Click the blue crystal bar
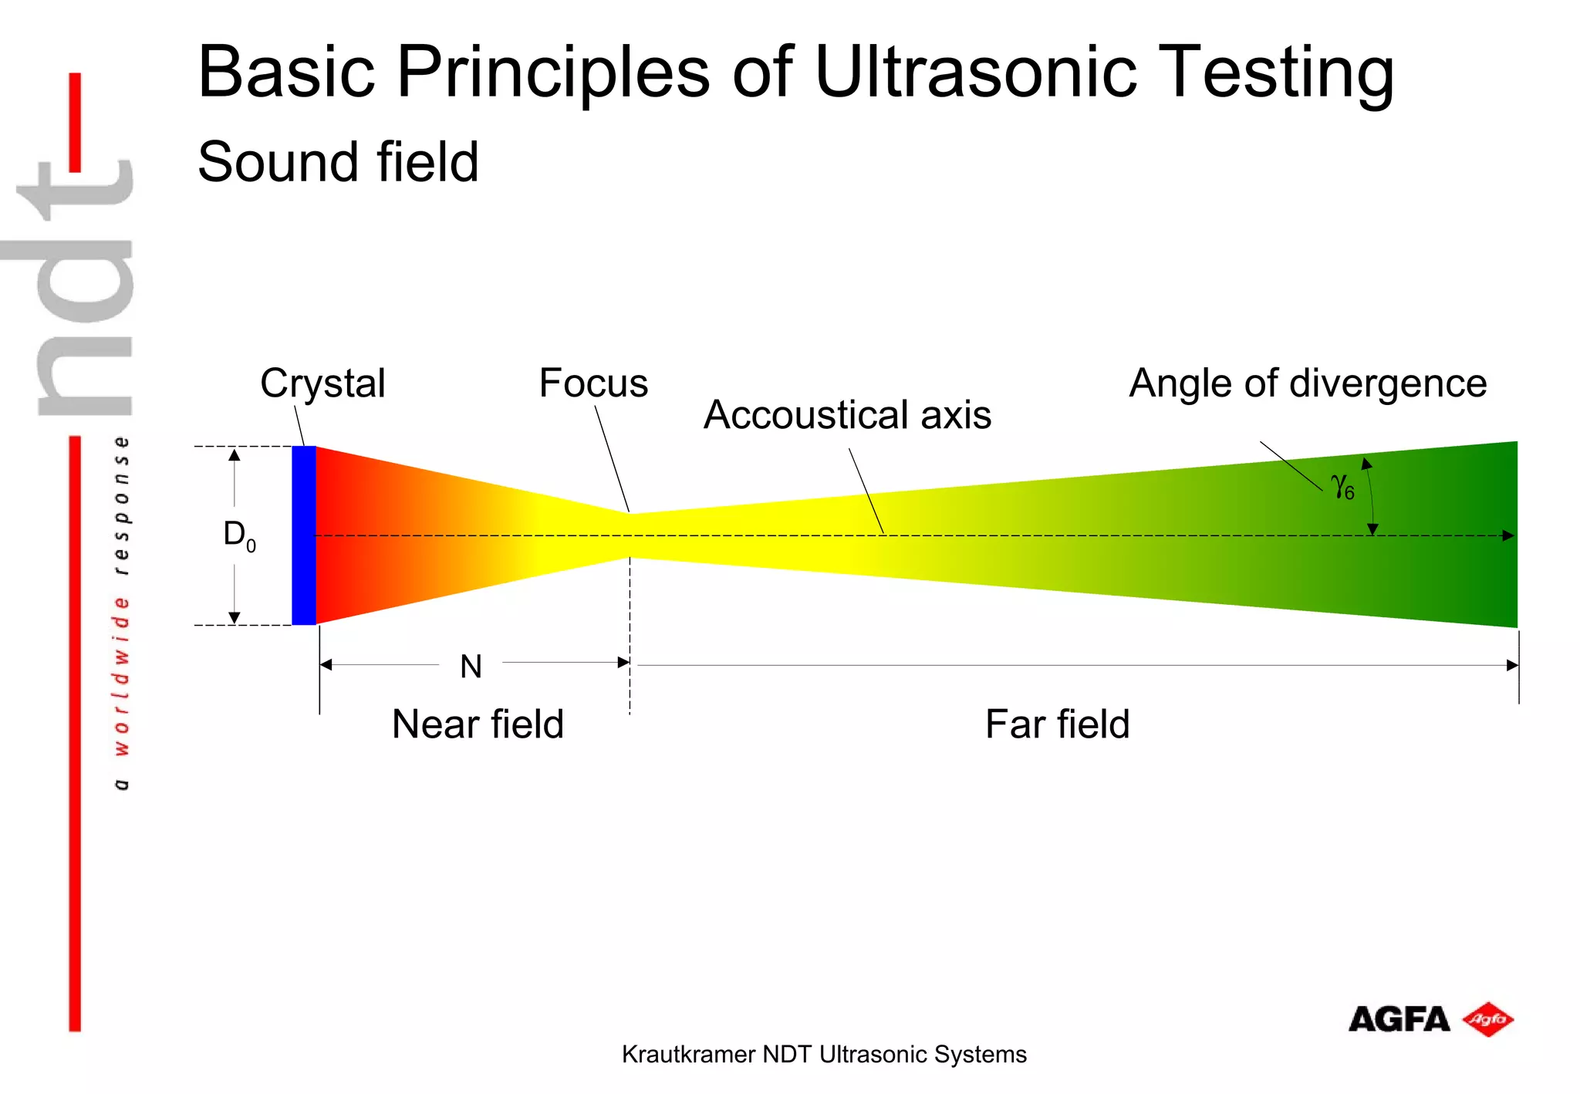pos(303,535)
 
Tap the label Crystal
pos(322,383)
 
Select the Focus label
pos(593,383)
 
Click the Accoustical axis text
pos(847,415)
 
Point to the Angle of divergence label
pos(1308,383)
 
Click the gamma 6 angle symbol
pos(1342,487)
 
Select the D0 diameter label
pos(238,535)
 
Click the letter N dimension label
pos(471,667)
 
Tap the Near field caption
pos(478,724)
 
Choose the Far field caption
pos(1057,724)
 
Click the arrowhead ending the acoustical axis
pos(1509,535)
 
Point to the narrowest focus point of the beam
pos(630,535)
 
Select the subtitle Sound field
pos(338,162)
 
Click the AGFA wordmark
pos(1399,1020)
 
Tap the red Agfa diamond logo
pos(1488,1020)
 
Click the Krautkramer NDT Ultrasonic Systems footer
pos(824,1055)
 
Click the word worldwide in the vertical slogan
pos(121,676)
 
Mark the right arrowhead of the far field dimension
pos(1513,665)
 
